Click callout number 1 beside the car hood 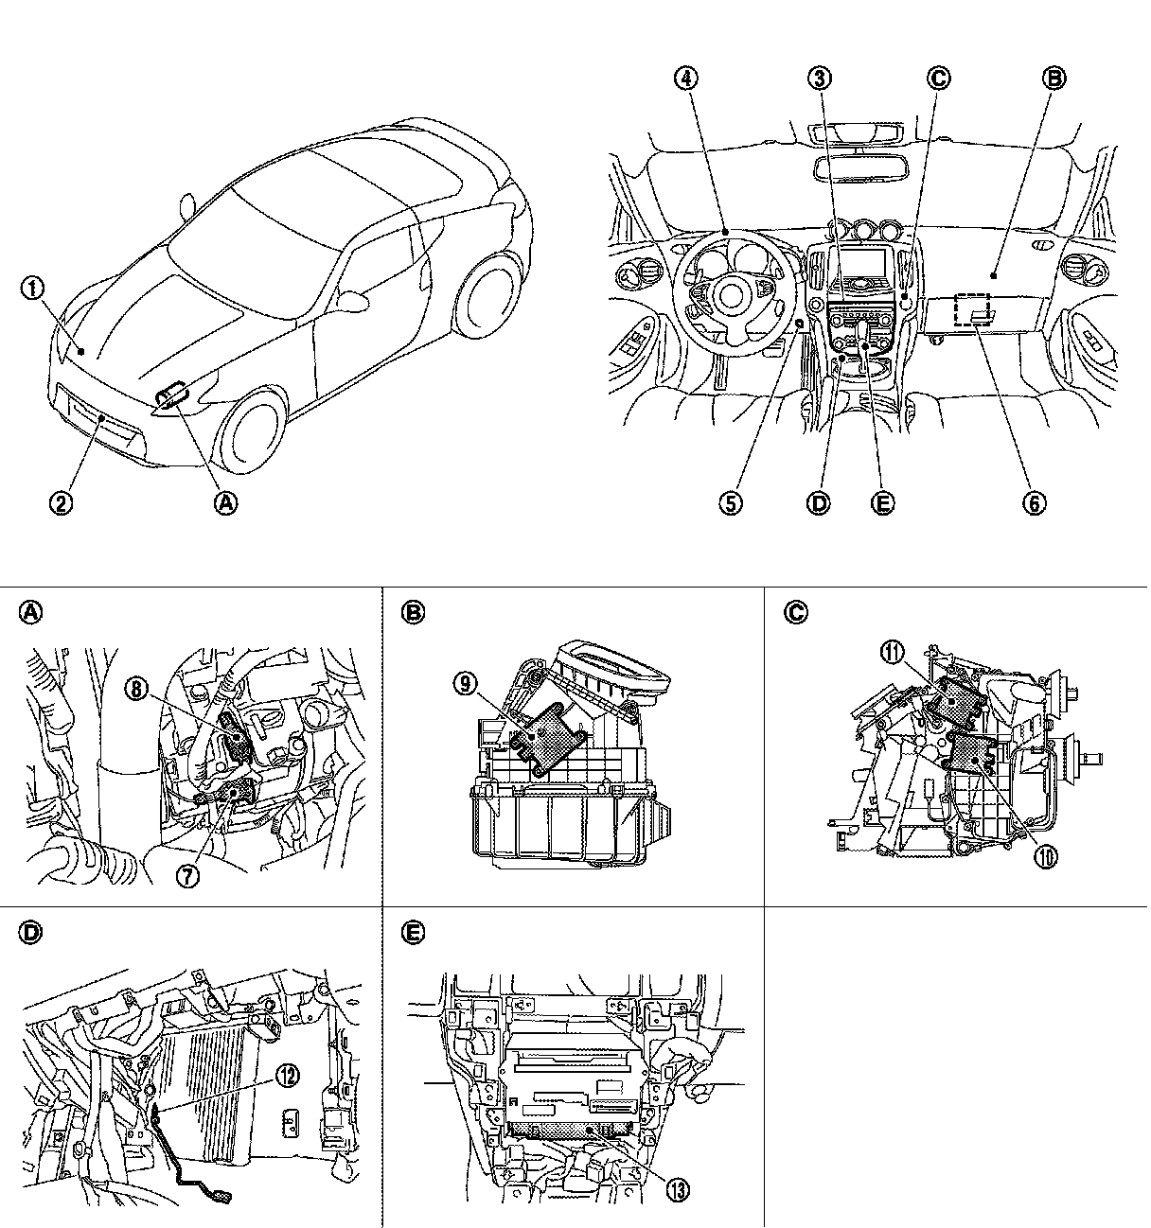tap(34, 289)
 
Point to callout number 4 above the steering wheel tap(688, 79)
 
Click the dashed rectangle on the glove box tap(972, 308)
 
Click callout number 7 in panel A tap(187, 875)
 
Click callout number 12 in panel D tap(288, 1073)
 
